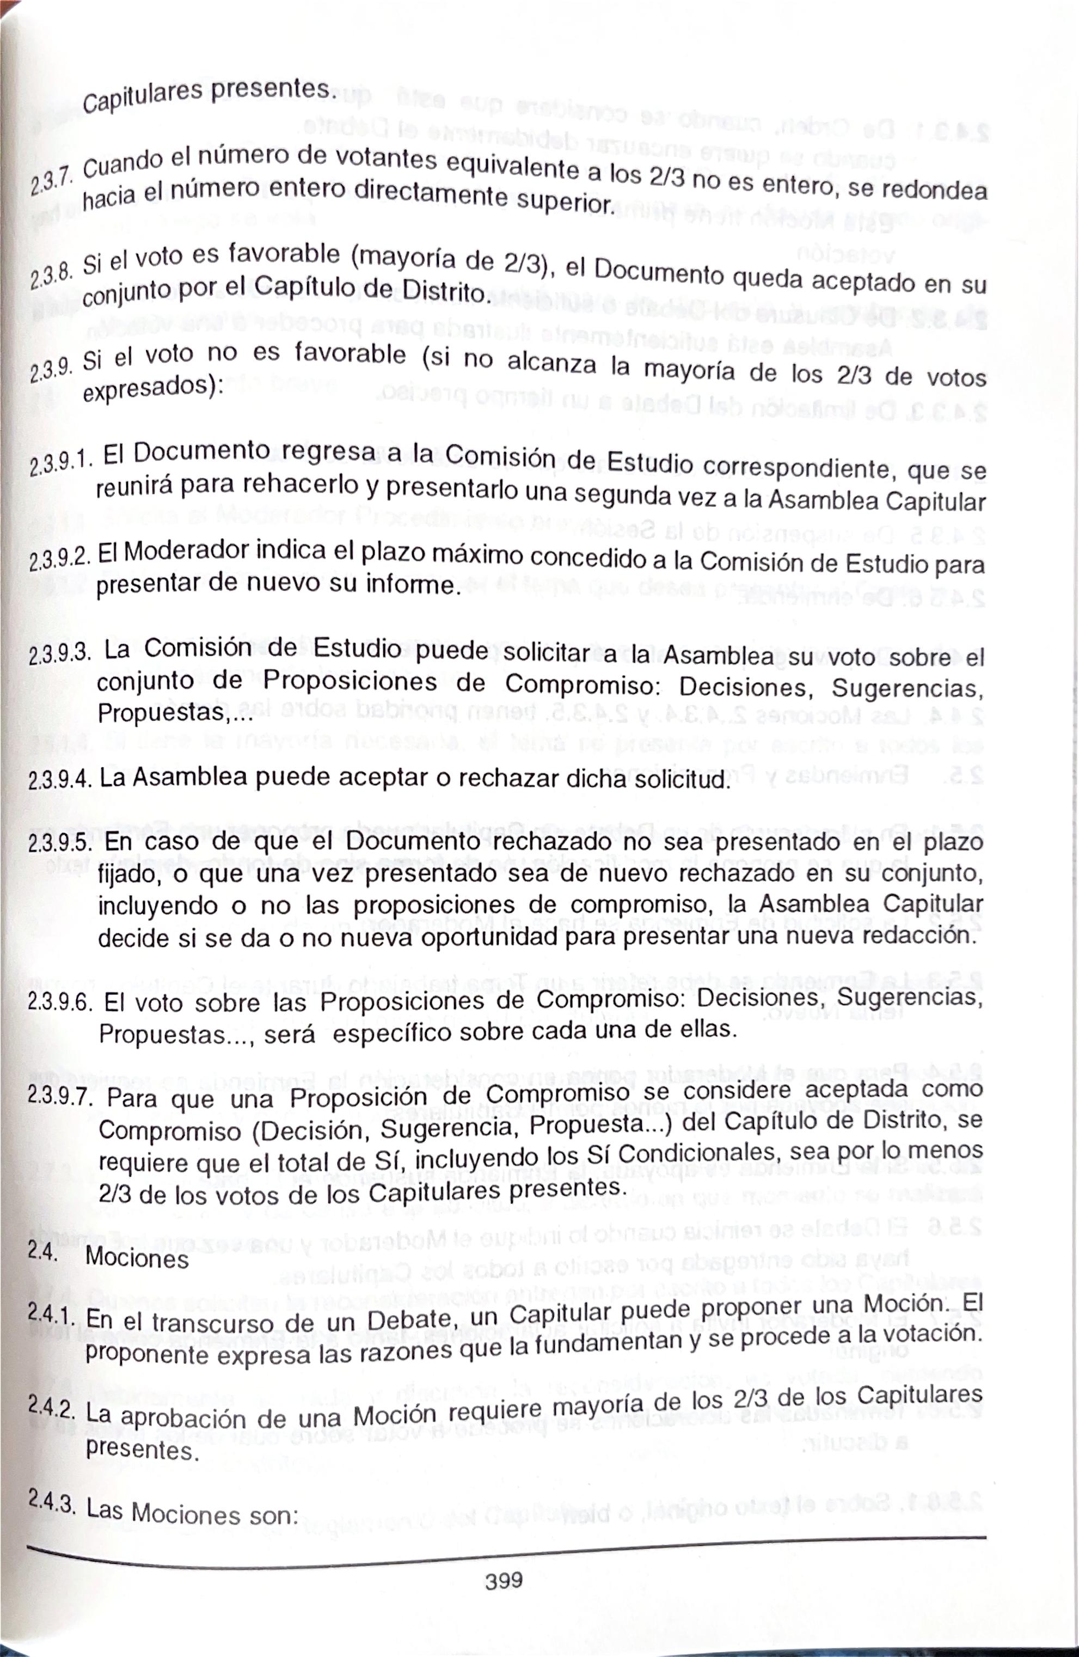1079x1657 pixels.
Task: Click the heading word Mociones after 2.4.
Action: [x=137, y=1259]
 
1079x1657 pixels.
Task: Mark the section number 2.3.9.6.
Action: [x=60, y=1002]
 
